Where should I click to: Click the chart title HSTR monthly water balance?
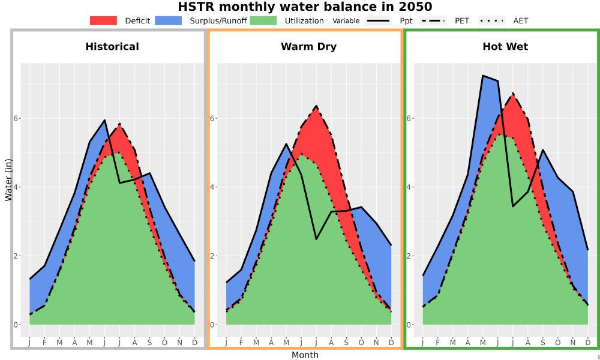(x=305, y=7)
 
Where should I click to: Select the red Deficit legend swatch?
(x=103, y=20)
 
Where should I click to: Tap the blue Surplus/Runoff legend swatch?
(x=169, y=20)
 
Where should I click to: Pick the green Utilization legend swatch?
(x=263, y=20)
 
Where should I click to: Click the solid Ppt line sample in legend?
(x=378, y=20)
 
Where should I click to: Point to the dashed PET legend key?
(x=433, y=20)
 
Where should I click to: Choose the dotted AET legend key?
(x=491, y=20)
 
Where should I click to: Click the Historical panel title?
(x=112, y=47)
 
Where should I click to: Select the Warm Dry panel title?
(x=309, y=47)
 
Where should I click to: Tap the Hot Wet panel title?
(x=505, y=47)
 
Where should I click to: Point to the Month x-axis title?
(x=305, y=355)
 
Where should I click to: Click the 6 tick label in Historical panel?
(x=16, y=118)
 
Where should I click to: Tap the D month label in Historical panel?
(x=195, y=343)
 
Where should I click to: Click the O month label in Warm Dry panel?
(x=361, y=343)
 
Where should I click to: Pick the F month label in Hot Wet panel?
(x=438, y=343)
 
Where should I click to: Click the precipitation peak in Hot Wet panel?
(x=483, y=76)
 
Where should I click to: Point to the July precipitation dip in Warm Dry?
(x=316, y=239)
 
